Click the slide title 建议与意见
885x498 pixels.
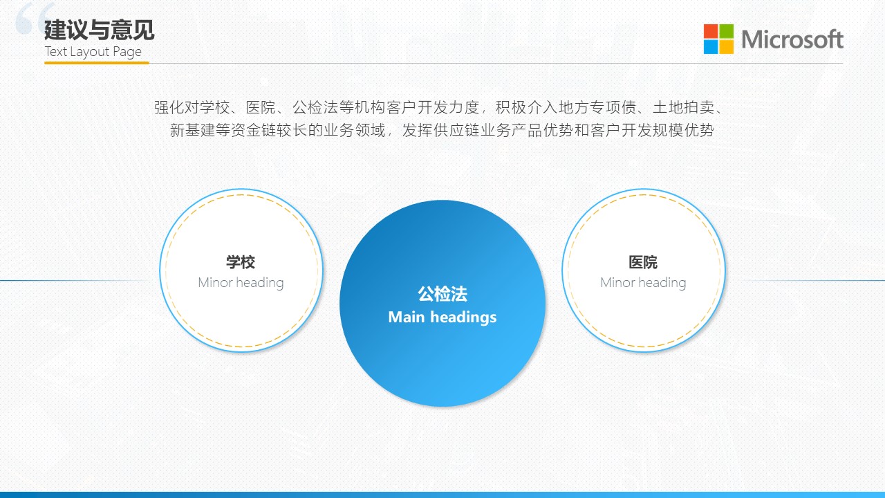(x=99, y=30)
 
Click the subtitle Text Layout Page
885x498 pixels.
(x=93, y=52)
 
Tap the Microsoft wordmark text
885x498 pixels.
(x=792, y=39)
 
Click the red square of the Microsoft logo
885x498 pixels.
(x=710, y=31)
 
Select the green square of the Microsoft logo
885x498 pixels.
(x=726, y=31)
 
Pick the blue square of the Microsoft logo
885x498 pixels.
(x=710, y=46)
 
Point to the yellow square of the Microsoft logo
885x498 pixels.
(x=726, y=46)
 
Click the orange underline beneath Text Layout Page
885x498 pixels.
(x=97, y=62)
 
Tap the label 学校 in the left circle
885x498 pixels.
(x=241, y=262)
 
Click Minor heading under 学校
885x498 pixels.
(x=241, y=283)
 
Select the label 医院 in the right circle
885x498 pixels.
(x=643, y=262)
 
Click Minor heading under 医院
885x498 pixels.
(x=643, y=283)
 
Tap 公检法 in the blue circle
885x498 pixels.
(x=442, y=294)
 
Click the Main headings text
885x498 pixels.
(x=442, y=317)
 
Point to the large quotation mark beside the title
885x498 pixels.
(x=35, y=18)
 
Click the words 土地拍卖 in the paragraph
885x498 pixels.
(x=684, y=107)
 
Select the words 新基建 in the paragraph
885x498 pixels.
(x=193, y=130)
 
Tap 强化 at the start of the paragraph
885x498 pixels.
(x=169, y=107)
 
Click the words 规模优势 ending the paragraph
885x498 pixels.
(x=684, y=130)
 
